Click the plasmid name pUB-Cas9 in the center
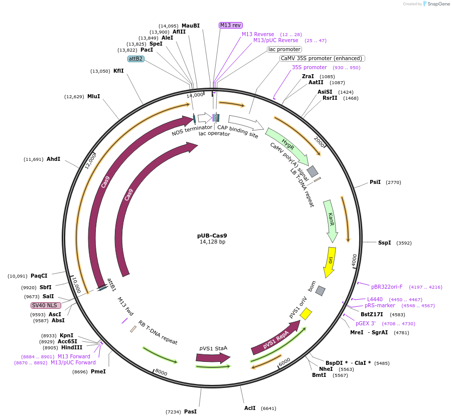(x=212, y=235)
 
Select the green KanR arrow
(x=330, y=221)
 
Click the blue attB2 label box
(x=136, y=59)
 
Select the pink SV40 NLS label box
(x=46, y=305)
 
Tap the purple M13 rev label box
(x=230, y=25)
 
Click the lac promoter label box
(x=284, y=49)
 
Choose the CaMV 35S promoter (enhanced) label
(x=323, y=58)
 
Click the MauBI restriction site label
(x=191, y=26)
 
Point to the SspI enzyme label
(x=384, y=243)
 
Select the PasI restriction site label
(x=190, y=411)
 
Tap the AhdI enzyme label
(x=53, y=159)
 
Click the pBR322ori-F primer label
(x=387, y=287)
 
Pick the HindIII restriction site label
(x=72, y=347)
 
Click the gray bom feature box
(x=321, y=291)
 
